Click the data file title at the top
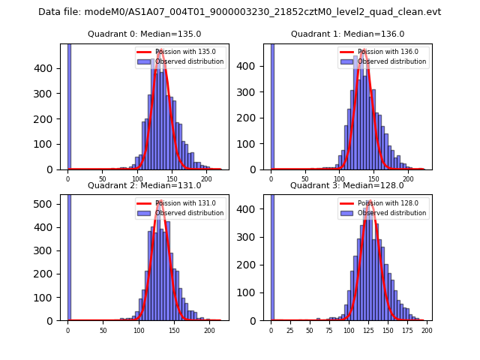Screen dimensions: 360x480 [x=239, y=12]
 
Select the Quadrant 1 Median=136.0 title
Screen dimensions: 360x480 [x=347, y=34]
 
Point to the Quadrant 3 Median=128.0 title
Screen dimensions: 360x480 [x=347, y=185]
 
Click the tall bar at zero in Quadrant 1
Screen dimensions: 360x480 [x=272, y=105]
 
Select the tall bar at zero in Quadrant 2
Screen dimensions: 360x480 [x=68, y=255]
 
